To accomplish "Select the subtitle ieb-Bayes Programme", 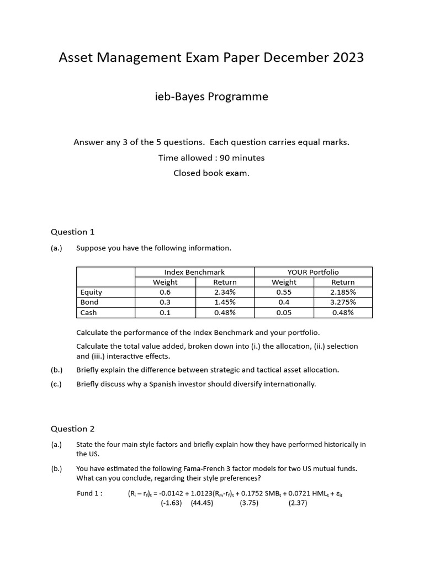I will click(211, 97).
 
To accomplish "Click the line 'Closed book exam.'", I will click(211, 173).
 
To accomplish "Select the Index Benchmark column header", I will click(194, 272).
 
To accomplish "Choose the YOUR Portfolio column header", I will click(313, 272).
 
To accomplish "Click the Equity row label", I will click(91, 292).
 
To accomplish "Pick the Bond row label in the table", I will click(89, 302).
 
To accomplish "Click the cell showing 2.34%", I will click(225, 292).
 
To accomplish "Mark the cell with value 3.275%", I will click(343, 302).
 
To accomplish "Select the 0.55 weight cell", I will click(284, 292).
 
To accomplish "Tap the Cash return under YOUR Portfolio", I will click(343, 312).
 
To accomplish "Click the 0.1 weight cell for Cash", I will click(165, 312).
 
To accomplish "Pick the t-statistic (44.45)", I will click(202, 503).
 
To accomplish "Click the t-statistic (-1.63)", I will click(171, 503).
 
